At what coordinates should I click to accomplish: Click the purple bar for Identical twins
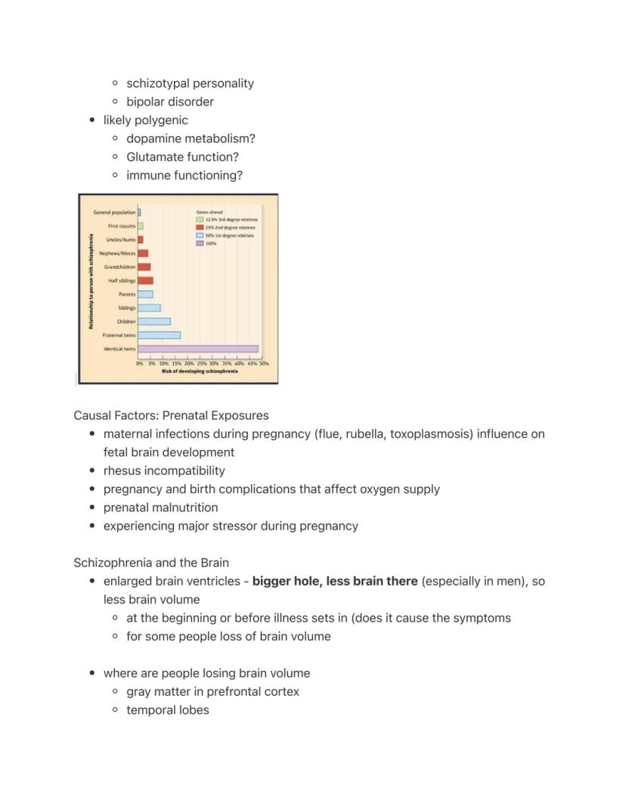[x=198, y=349]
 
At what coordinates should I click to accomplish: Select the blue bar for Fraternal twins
[x=159, y=335]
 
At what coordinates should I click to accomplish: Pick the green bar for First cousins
[x=141, y=226]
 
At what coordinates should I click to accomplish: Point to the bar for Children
[x=154, y=321]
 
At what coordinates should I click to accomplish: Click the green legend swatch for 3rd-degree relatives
[x=200, y=219]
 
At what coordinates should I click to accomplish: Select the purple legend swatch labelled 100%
[x=200, y=244]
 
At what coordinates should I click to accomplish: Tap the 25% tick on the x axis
[x=202, y=364]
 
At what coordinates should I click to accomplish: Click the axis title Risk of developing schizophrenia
[x=200, y=371]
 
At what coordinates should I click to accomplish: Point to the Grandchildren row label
[x=119, y=267]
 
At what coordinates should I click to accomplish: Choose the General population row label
[x=114, y=213]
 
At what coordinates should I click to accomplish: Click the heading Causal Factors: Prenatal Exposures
[x=171, y=415]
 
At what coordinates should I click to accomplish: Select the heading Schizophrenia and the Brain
[x=151, y=563]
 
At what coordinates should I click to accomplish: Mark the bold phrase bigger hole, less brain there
[x=335, y=581]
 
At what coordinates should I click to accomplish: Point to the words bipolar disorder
[x=170, y=101]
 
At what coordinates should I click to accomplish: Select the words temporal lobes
[x=168, y=709]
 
